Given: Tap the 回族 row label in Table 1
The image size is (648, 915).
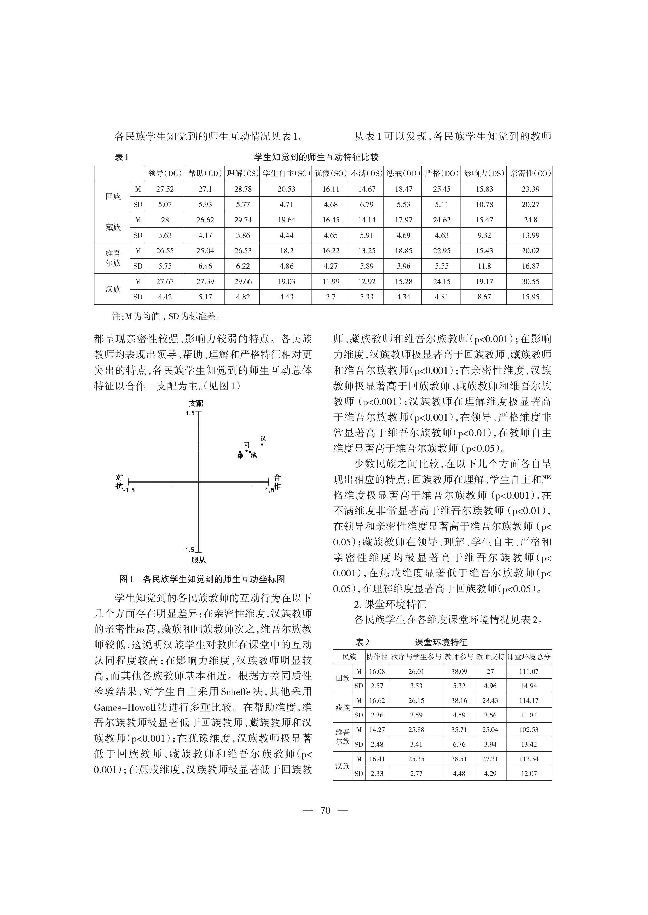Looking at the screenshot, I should pos(113,197).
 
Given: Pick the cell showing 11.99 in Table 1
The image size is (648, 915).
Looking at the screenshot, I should pos(330,281).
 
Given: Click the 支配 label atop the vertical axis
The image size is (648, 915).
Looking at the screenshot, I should pos(196,404).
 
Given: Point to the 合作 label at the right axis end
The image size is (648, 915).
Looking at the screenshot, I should pos(277,482).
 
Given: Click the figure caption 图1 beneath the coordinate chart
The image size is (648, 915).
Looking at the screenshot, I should pos(202,579).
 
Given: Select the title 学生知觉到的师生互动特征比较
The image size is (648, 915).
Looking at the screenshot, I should pos(316,157).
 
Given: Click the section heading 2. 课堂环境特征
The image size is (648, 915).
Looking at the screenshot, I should pos(390,604).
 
